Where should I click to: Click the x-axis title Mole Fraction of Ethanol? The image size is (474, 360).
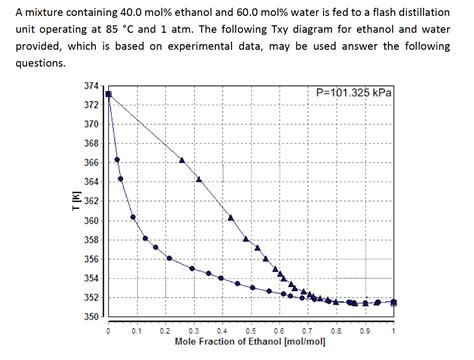coord(250,341)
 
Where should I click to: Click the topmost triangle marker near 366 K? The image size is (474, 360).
coord(182,160)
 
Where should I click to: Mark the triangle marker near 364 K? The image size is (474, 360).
coord(199,179)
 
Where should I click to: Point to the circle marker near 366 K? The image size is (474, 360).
coord(117,160)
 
